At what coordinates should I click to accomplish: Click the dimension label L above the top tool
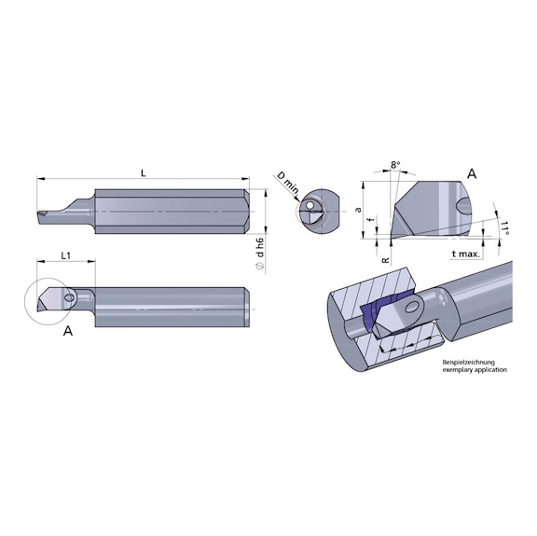tap(142, 171)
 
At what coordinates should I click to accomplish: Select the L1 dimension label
tap(66, 254)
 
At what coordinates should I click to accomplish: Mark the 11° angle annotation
tap(504, 228)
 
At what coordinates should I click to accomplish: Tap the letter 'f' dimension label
tap(371, 222)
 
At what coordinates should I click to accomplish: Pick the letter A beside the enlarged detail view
tap(472, 172)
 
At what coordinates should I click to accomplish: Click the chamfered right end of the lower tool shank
tap(249, 305)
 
